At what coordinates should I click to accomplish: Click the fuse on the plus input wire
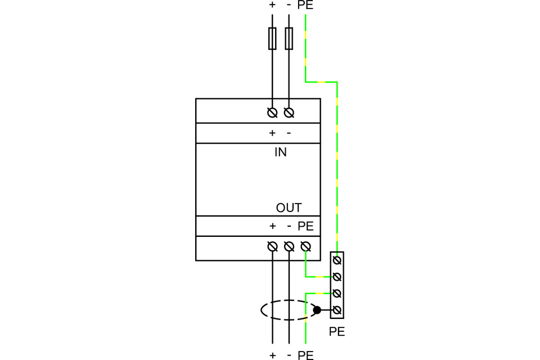click(x=272, y=38)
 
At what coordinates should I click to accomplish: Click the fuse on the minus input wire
click(x=289, y=38)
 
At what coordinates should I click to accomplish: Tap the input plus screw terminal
click(x=272, y=112)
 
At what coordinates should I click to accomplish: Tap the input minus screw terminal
click(x=289, y=112)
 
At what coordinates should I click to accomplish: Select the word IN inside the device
click(x=280, y=152)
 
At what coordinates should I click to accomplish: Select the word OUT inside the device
click(x=289, y=208)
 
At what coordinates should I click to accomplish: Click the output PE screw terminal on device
click(x=305, y=246)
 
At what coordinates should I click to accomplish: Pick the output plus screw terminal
click(x=272, y=246)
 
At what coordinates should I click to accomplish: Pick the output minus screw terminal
click(x=289, y=246)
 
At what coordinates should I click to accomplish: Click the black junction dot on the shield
click(x=317, y=310)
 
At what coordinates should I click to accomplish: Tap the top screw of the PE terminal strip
click(x=336, y=260)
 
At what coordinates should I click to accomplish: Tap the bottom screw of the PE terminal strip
click(x=336, y=310)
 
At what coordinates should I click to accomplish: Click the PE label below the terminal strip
click(x=336, y=332)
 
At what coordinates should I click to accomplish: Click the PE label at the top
click(x=305, y=6)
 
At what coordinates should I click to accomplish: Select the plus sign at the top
click(x=272, y=6)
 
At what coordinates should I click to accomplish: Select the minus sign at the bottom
click(x=289, y=355)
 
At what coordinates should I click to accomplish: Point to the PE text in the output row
click(x=305, y=226)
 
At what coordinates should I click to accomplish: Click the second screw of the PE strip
click(x=336, y=277)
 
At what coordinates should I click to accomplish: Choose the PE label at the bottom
click(x=305, y=355)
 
